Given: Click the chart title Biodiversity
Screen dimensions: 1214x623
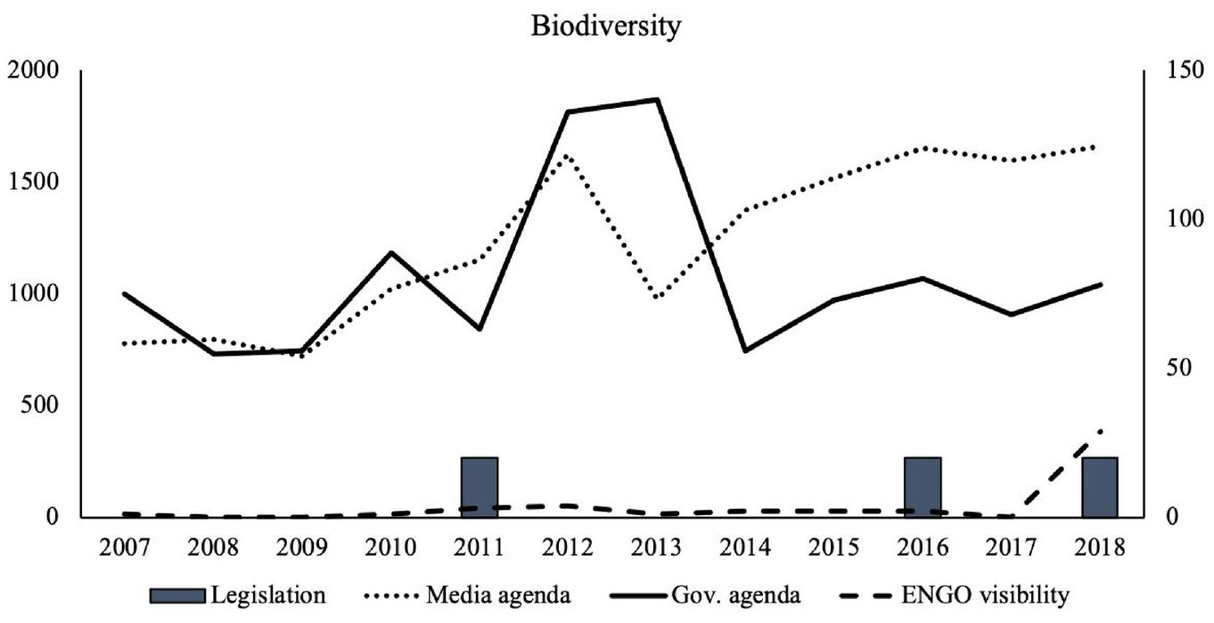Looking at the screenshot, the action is (x=605, y=26).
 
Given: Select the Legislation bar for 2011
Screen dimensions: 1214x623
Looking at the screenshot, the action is (x=480, y=488).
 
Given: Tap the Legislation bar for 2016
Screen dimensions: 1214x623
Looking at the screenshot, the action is (x=923, y=488).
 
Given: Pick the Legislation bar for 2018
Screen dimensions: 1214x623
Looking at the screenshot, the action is (x=1100, y=488).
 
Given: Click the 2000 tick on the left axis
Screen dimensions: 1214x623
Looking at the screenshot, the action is (x=32, y=70).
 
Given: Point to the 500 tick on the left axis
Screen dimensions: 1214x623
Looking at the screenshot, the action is (x=39, y=405).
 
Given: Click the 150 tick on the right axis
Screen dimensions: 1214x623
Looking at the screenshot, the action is (x=1184, y=70).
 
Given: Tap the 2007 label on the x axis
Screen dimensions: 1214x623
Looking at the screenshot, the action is (x=124, y=548).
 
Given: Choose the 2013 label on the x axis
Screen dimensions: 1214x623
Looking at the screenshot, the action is (x=656, y=548).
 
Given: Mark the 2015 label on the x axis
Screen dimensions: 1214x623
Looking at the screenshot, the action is (x=833, y=548).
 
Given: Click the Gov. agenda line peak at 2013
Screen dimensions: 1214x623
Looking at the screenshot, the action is (x=656, y=100).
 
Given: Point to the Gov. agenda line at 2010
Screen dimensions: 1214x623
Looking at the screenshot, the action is (x=390, y=252).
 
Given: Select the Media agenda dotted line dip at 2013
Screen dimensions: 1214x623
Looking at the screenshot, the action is (x=656, y=298).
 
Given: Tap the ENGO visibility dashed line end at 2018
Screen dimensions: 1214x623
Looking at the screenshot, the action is (x=1100, y=431).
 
